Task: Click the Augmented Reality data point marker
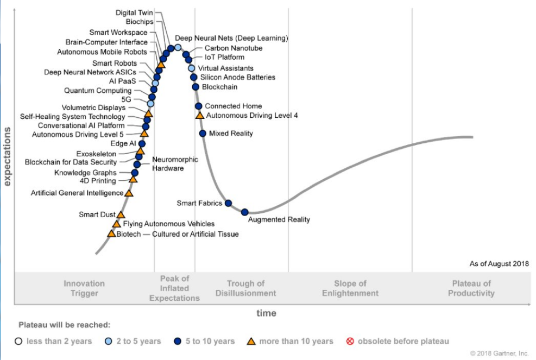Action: point(245,212)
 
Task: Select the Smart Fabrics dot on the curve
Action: point(229,203)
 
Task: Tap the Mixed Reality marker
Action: point(203,133)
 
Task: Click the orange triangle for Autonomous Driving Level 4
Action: point(199,115)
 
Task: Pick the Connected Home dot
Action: point(199,106)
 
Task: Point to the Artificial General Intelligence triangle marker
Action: point(129,193)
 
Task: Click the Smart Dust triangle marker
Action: point(121,215)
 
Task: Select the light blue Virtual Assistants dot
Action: point(191,68)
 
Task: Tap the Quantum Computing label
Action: point(98,91)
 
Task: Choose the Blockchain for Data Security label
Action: point(71,162)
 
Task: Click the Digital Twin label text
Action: point(135,12)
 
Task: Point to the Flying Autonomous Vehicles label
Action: point(169,224)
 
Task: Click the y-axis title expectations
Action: point(8,156)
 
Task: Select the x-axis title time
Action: point(266,313)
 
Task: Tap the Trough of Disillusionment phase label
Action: point(245,288)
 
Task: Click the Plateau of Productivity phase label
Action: point(471,288)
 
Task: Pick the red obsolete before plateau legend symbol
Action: point(350,341)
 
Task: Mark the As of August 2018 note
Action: point(499,264)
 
